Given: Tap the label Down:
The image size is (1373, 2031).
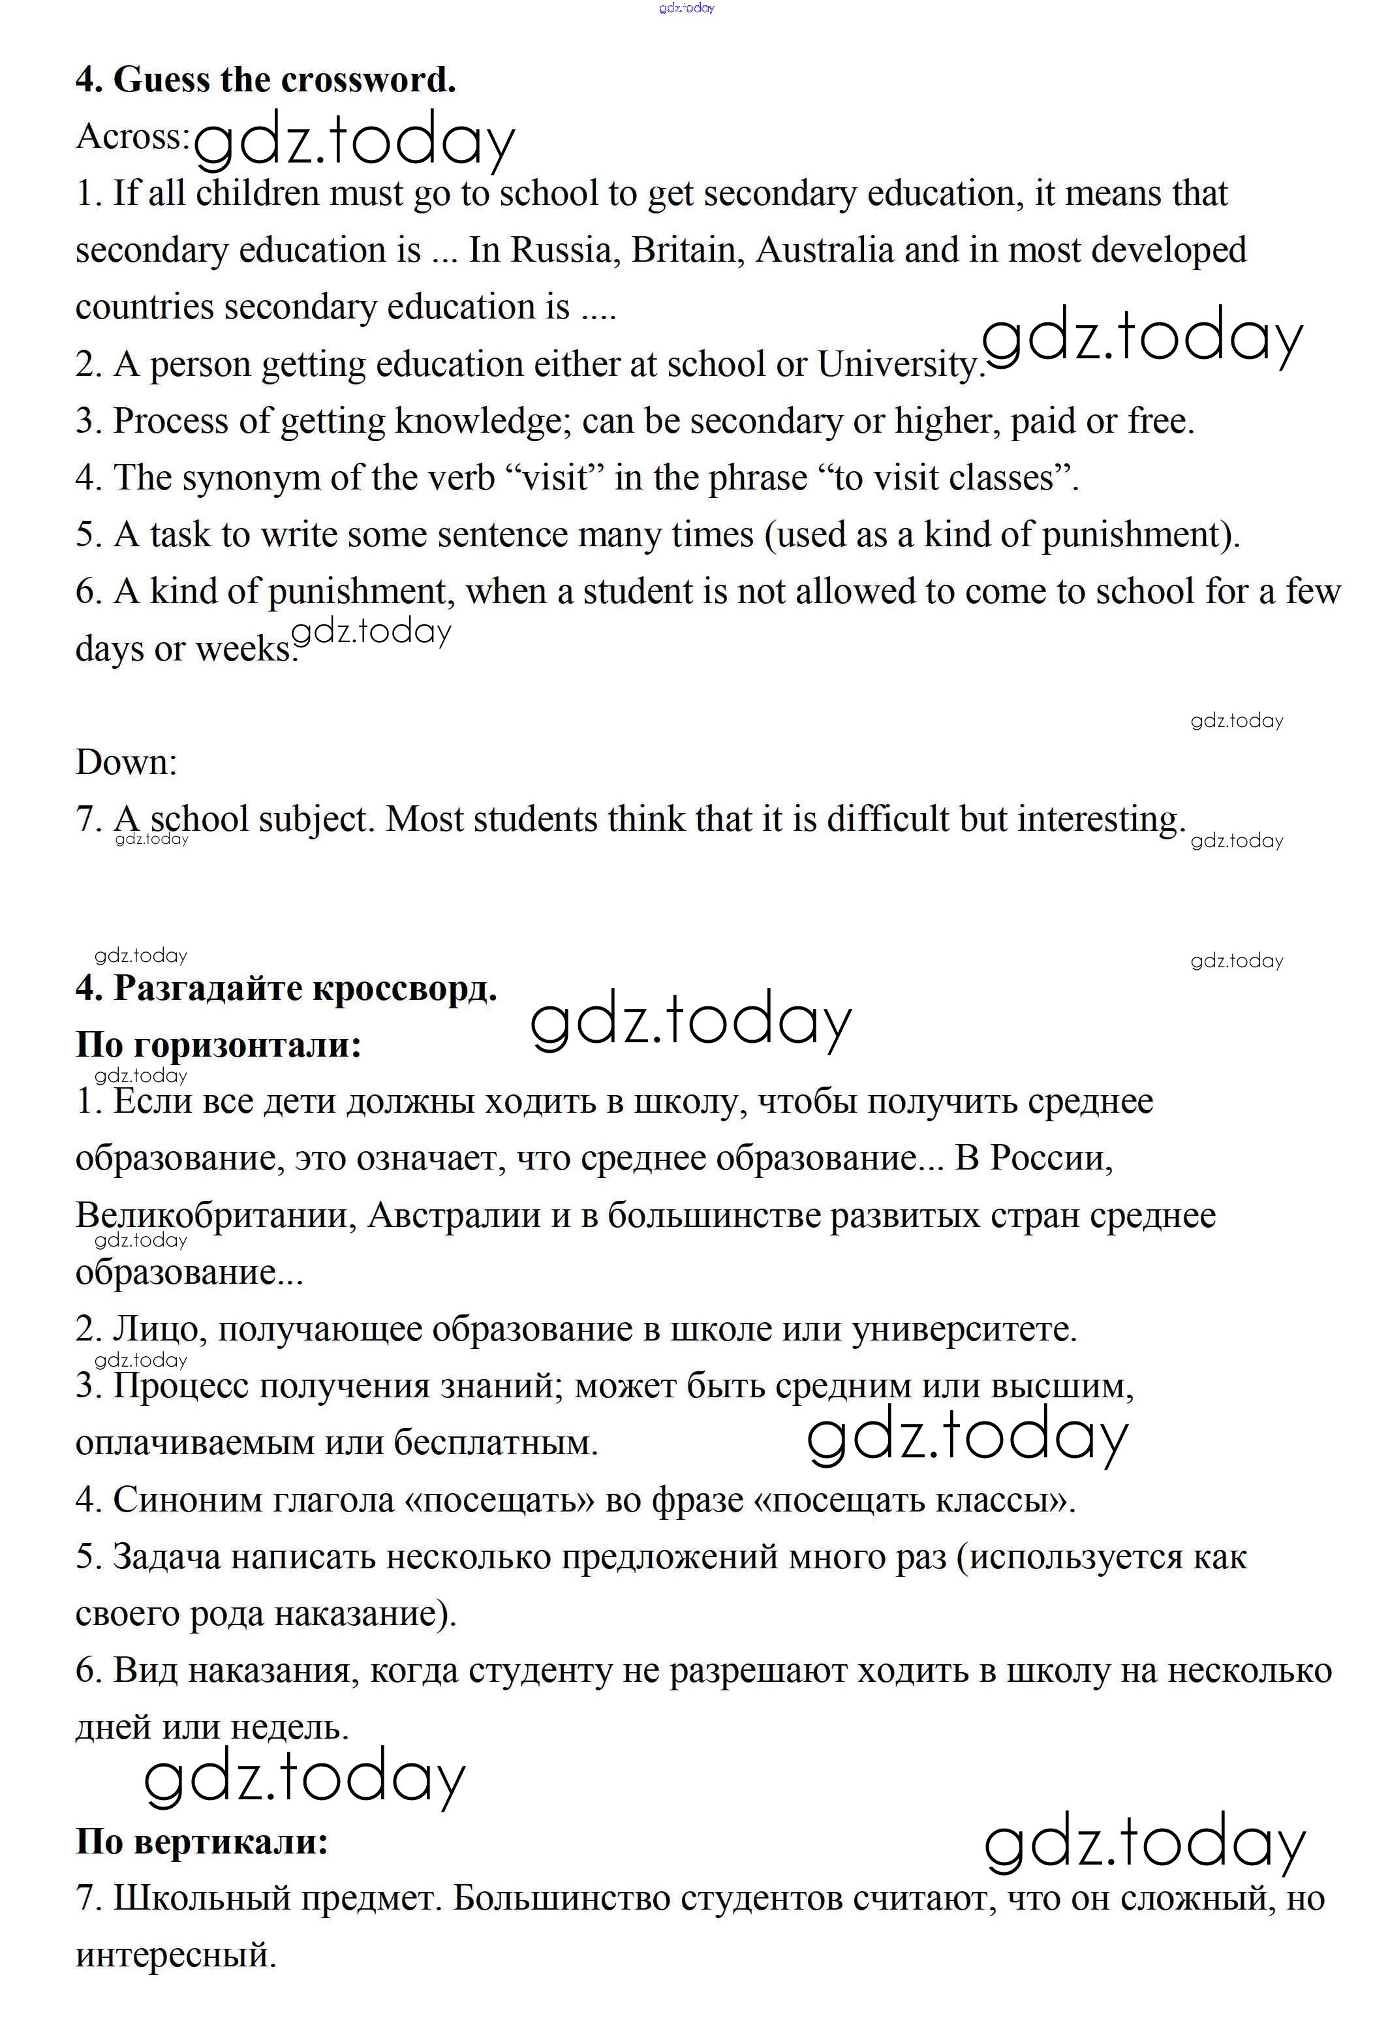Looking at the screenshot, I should click(126, 762).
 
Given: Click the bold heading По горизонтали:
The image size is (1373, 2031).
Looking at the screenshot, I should click(219, 1044).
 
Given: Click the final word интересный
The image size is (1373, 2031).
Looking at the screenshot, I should click(176, 1955).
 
